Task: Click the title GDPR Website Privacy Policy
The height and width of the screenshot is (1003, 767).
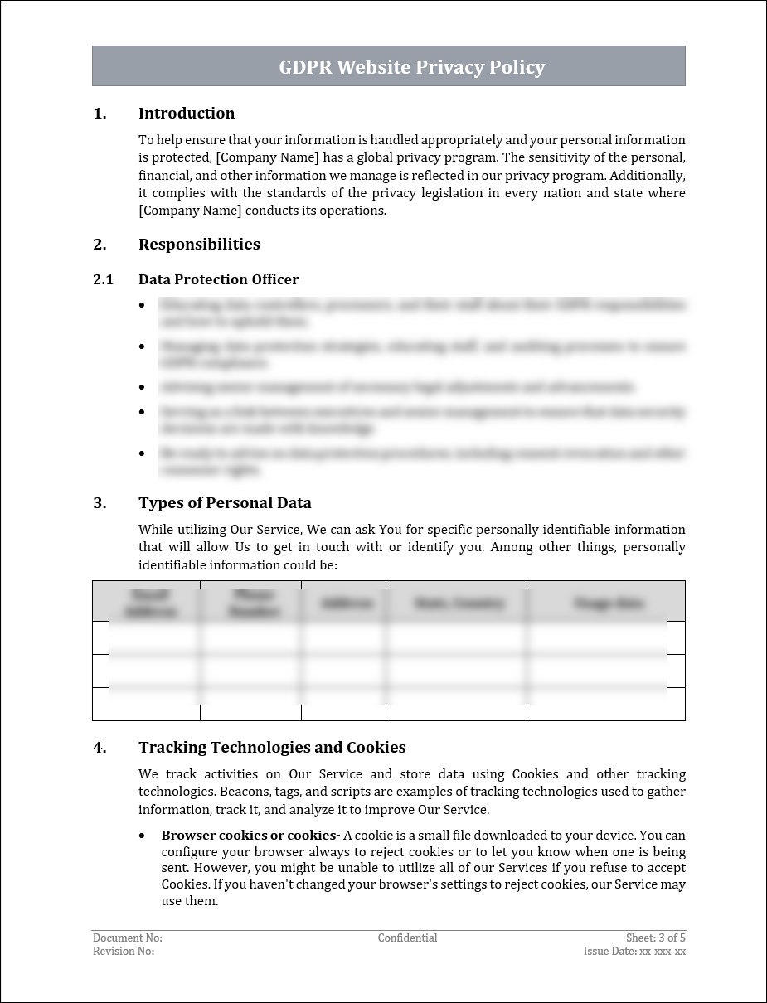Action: point(411,67)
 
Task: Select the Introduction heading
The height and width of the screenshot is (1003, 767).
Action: point(187,114)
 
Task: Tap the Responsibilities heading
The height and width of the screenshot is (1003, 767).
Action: point(199,245)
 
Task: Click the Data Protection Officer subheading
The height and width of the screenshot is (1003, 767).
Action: point(218,280)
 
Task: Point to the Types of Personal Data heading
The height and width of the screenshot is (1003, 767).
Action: point(225,503)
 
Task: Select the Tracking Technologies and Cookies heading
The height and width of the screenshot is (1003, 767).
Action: point(272,748)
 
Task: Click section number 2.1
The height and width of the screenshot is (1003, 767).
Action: point(103,280)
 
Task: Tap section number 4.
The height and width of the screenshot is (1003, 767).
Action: point(100,748)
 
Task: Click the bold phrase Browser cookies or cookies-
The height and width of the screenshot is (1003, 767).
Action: point(250,836)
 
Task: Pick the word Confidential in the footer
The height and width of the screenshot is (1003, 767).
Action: point(407,938)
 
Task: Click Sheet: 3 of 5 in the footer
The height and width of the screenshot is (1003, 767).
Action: point(655,938)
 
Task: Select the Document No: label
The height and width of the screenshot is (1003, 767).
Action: point(128,938)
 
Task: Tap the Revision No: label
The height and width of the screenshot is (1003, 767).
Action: point(124,952)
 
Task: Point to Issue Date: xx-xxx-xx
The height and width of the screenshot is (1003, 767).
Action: point(634,952)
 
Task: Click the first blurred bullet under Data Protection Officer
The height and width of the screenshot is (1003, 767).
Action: point(423,313)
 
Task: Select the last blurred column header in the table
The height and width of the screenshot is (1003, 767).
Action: point(609,603)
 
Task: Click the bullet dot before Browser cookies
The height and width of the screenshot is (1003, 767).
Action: point(143,836)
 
